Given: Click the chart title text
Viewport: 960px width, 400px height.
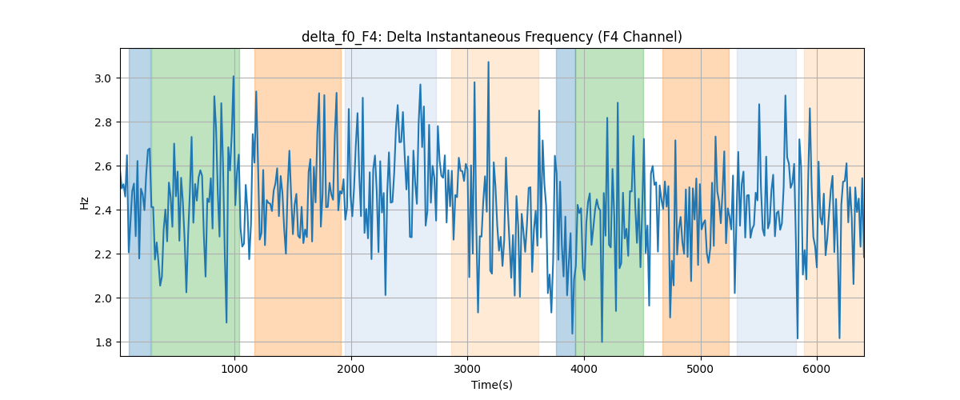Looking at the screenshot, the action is point(491,38).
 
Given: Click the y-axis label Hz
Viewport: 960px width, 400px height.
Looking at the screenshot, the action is point(85,202).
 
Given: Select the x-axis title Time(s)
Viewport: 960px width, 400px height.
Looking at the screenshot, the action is point(491,385).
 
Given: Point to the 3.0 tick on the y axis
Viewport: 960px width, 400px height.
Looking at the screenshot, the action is point(103,78).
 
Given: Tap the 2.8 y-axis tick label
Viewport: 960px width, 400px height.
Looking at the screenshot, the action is point(103,122).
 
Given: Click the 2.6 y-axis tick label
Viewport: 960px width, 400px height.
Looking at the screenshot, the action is point(103,166).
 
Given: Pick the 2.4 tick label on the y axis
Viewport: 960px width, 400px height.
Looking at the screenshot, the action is point(103,210).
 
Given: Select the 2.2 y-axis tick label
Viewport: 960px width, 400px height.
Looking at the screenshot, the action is point(103,254).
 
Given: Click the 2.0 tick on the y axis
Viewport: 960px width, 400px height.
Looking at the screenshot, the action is point(103,298).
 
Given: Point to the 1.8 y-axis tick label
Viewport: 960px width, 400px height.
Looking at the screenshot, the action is point(103,342).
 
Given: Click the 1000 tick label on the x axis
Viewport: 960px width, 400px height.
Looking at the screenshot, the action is point(234,369).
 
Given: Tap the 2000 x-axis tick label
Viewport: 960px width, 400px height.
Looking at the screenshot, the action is point(351,369).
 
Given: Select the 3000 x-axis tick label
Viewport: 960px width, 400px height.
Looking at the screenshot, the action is point(467,369).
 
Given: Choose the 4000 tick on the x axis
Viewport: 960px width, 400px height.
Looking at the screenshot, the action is point(584,369).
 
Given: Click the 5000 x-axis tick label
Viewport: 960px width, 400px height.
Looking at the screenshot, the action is point(700,369).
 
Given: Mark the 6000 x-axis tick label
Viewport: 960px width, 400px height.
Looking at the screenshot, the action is point(817,369).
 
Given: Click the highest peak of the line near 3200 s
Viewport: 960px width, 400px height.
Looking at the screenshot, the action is point(488,62).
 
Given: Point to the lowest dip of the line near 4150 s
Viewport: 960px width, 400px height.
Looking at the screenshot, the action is point(602,342).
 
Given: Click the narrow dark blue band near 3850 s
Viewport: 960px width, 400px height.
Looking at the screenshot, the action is point(566,202).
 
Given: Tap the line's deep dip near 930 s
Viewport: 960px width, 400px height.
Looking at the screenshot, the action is point(226,322).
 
